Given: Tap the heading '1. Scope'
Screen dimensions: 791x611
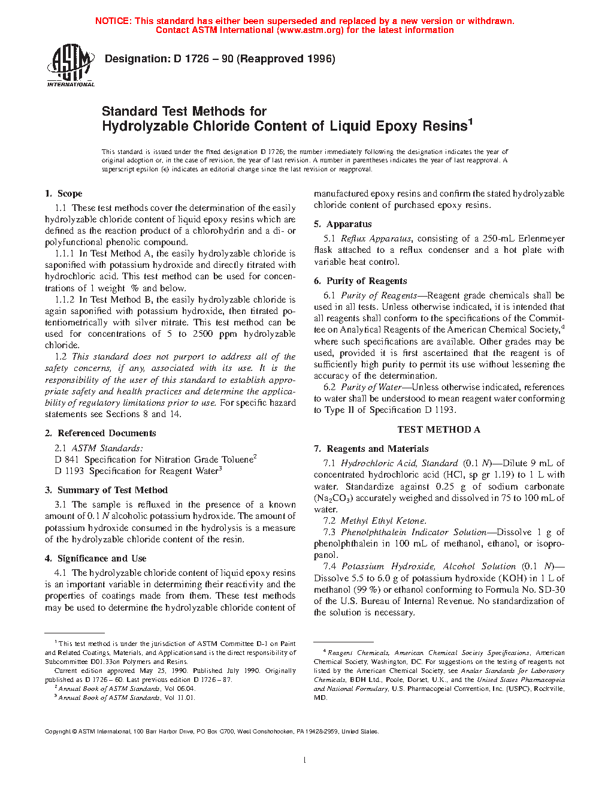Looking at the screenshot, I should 63,194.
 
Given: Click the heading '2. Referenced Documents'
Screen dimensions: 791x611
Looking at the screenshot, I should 101,433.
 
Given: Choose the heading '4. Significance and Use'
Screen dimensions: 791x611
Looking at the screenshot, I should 95,558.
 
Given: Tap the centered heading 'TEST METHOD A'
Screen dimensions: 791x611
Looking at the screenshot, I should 438,430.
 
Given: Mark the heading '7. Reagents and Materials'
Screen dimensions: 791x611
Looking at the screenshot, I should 371,449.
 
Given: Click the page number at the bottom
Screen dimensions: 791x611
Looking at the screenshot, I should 305,760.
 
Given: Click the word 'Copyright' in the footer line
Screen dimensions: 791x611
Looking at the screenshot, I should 58,732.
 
